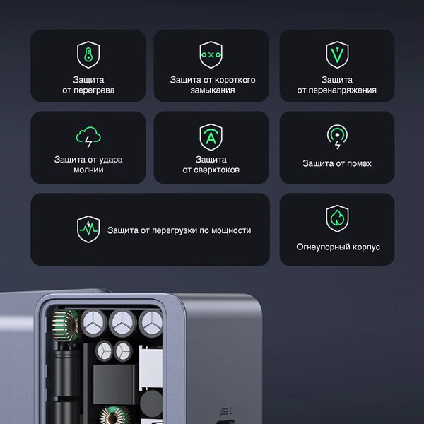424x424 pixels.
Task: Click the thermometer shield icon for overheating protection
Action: [88, 54]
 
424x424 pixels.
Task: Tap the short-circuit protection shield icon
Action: [211, 54]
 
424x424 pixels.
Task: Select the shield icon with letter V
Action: [337, 54]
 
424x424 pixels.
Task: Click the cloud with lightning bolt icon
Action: [88, 136]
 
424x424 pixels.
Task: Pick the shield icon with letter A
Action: [211, 136]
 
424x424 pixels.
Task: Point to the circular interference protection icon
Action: [337, 136]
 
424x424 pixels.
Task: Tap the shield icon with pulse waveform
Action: [88, 230]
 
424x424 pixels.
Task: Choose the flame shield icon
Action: [337, 219]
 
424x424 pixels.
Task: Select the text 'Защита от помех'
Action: [337, 163]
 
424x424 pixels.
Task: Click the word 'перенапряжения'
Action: [337, 90]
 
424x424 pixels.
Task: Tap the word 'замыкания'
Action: [211, 90]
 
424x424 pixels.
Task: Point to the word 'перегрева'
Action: [88, 90]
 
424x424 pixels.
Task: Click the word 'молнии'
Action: [88, 170]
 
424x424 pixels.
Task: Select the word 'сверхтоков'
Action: [211, 170]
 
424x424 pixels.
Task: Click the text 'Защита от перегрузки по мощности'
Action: [179, 230]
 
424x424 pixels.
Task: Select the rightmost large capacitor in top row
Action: [151, 323]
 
